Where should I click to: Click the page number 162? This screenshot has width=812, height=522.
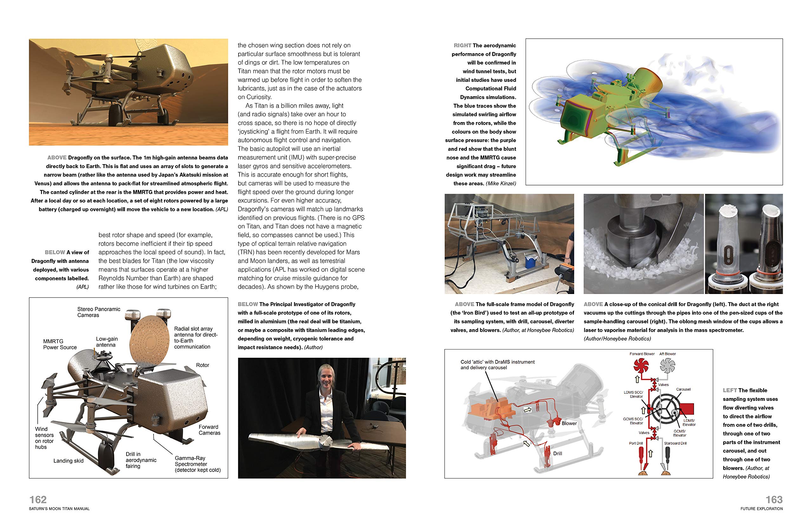click(38, 499)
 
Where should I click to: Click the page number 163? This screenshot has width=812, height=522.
click(774, 499)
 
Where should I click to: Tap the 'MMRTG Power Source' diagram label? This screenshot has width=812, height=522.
click(60, 344)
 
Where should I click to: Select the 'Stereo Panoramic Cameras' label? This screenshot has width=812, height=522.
click(98, 312)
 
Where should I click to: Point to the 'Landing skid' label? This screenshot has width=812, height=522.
click(69, 461)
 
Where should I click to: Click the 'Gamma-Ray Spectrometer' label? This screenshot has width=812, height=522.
click(197, 464)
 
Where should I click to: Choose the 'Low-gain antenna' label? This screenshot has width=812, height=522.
click(107, 342)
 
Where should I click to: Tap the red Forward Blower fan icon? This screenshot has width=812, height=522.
click(641, 366)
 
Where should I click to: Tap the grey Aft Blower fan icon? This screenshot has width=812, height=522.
click(667, 366)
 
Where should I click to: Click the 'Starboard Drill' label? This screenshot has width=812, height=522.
click(675, 443)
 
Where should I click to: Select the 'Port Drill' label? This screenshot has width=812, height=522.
click(636, 443)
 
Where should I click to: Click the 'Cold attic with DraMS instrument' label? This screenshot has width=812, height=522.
click(497, 364)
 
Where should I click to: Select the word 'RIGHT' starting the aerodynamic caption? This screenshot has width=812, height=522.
click(462, 45)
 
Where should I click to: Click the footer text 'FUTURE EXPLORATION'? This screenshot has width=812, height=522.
click(762, 508)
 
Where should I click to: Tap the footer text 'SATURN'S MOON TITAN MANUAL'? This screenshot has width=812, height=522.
click(60, 508)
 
